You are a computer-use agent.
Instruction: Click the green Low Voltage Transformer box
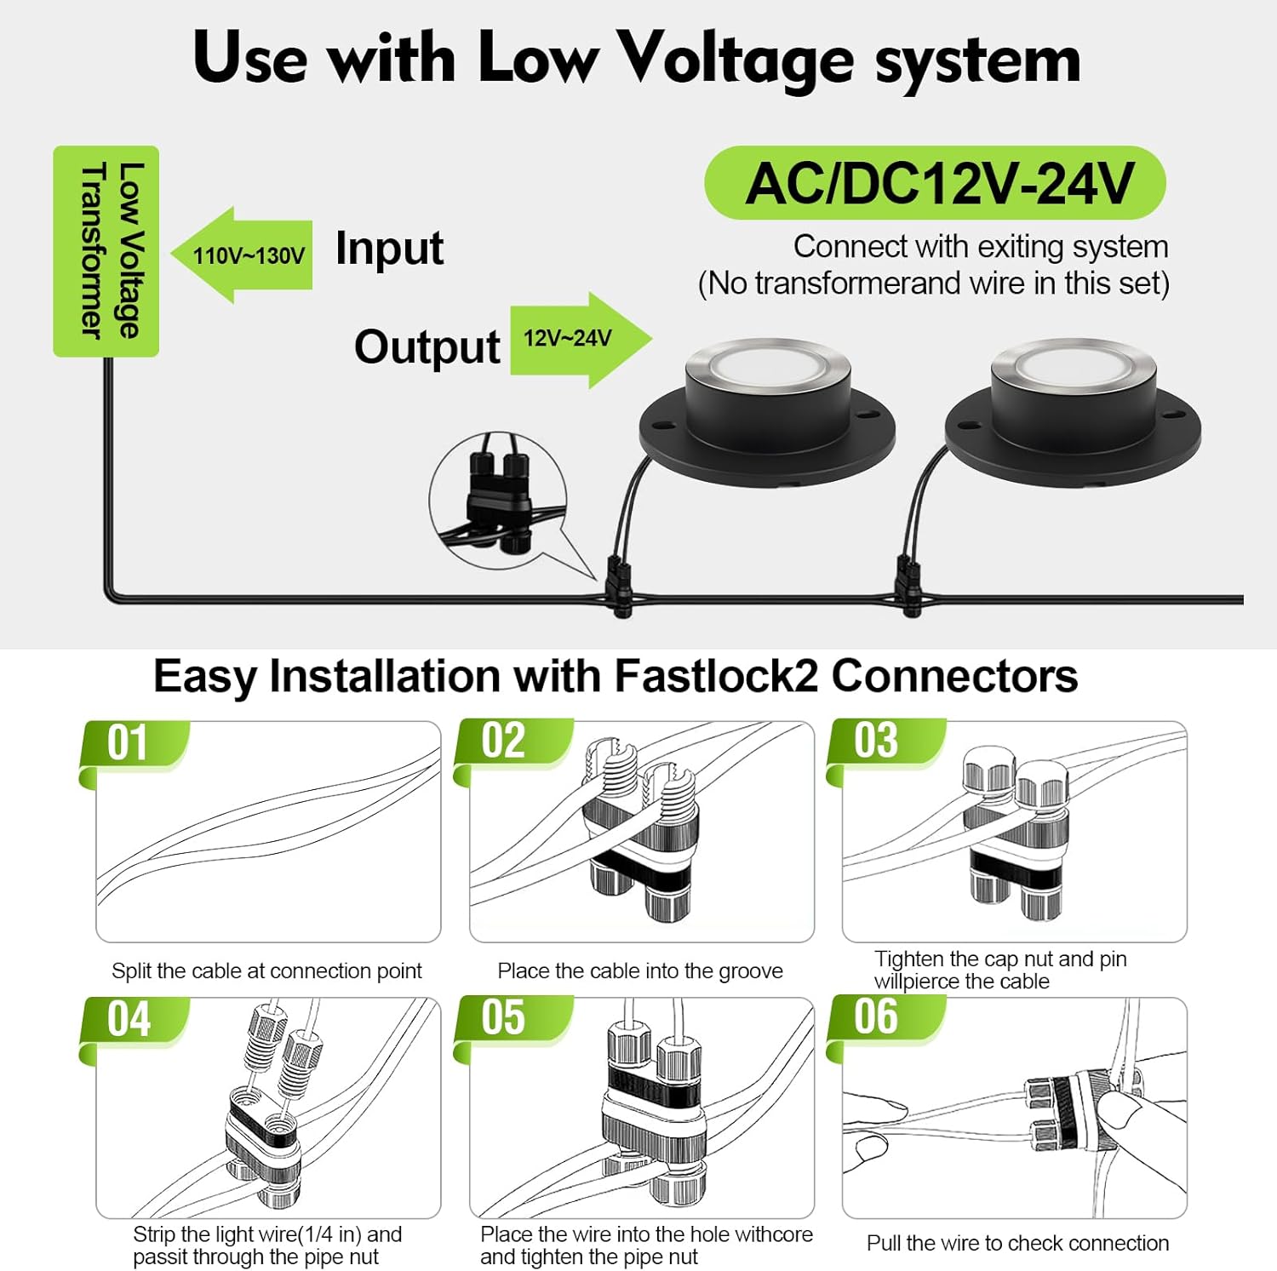coord(106,251)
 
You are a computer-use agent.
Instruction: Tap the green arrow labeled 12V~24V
coord(579,339)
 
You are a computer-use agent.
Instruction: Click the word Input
coord(389,249)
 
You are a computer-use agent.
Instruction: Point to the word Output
coord(427,347)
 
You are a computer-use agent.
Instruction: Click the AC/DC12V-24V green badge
coord(935,183)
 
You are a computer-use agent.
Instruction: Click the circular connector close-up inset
coord(498,501)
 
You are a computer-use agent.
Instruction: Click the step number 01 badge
coord(129,744)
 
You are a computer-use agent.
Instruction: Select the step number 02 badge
coord(504,741)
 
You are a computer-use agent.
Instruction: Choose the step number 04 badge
coord(129,1020)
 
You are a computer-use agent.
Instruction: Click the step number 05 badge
coord(504,1018)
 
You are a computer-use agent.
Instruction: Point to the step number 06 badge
coord(877,1017)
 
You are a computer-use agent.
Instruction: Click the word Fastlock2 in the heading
coord(715,677)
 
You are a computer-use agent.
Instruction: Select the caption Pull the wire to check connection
coord(1017,1243)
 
